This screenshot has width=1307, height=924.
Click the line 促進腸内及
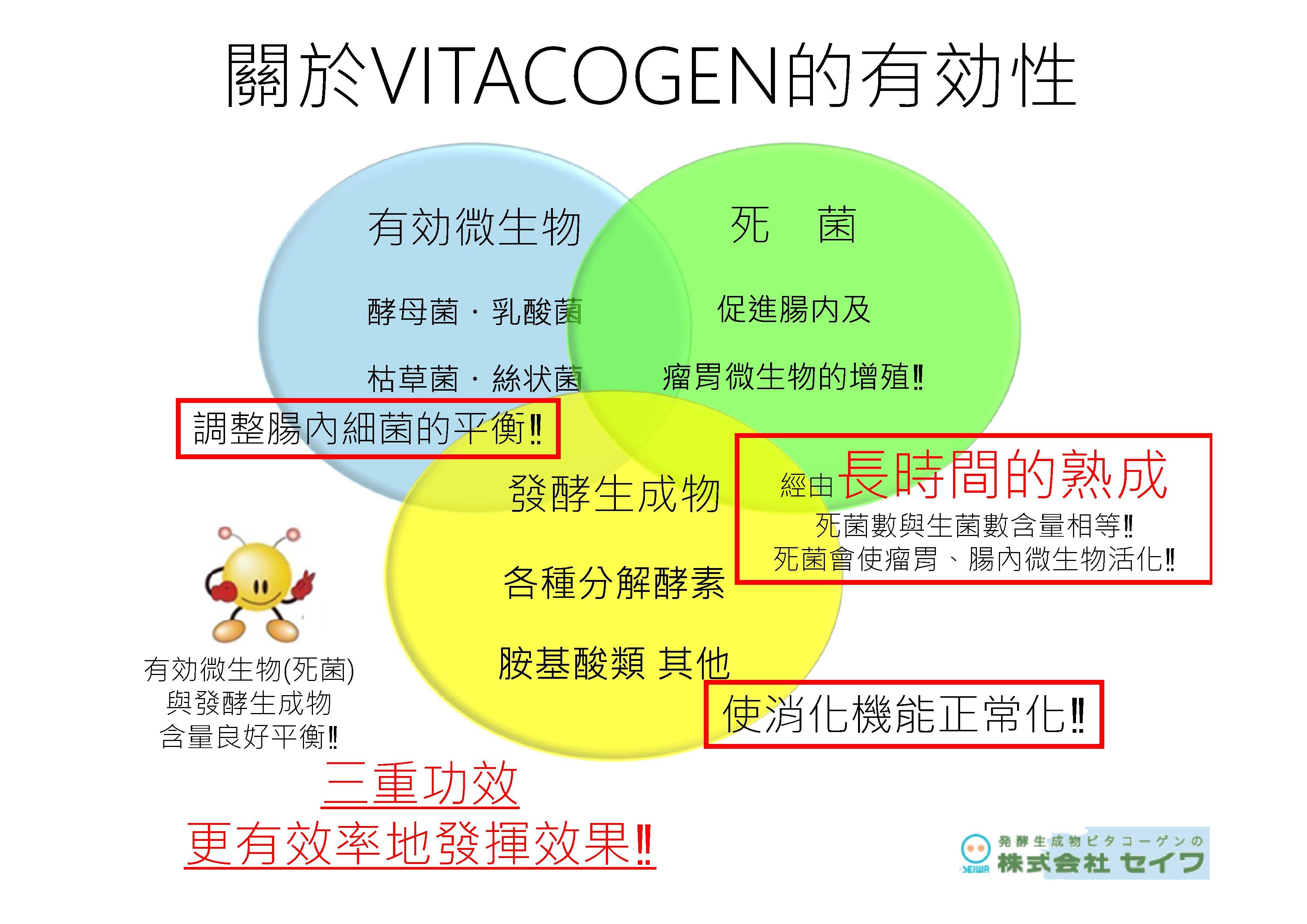tap(794, 309)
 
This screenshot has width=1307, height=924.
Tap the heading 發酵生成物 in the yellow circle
tap(615, 493)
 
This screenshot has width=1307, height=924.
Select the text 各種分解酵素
tap(614, 583)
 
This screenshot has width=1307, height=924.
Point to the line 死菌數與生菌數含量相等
tap(974, 526)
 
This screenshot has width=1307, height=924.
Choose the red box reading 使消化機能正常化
tap(903, 715)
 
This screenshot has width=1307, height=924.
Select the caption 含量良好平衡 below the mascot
tap(249, 737)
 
